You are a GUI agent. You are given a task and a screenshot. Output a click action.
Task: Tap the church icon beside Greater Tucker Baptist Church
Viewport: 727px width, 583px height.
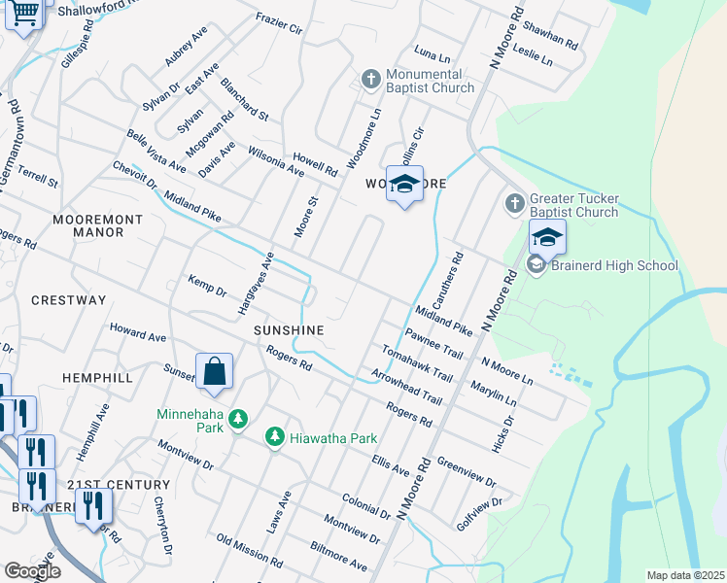click(x=515, y=204)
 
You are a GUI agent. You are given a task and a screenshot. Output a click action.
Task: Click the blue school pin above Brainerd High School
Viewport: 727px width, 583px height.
click(x=547, y=237)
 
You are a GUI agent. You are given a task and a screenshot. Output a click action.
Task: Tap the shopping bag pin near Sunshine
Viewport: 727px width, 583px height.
click(x=214, y=371)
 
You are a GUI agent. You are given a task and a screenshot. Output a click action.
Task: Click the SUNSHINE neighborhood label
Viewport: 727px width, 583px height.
click(x=289, y=330)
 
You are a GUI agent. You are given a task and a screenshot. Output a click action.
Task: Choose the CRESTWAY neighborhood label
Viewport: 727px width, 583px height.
click(x=68, y=300)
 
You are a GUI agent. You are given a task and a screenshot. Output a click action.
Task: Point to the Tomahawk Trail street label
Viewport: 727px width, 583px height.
click(x=417, y=363)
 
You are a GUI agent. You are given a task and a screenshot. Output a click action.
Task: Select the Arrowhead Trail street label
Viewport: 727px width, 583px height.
click(x=405, y=387)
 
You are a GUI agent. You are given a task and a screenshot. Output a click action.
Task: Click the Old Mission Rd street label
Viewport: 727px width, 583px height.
click(x=250, y=551)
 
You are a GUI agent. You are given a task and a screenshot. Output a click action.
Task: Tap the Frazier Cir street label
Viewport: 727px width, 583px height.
click(x=279, y=23)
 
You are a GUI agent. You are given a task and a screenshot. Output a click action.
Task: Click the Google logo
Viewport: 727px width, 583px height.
click(x=32, y=571)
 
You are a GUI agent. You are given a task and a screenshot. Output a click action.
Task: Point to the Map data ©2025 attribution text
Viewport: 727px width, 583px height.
click(x=684, y=575)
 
